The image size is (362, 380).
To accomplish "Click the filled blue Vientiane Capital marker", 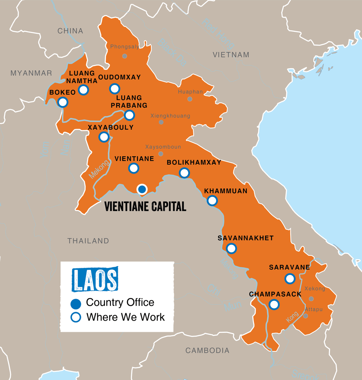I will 142,189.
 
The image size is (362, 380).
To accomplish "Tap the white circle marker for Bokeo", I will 63,102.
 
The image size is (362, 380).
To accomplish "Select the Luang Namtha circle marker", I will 83,90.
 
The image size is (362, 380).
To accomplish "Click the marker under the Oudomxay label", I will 114,89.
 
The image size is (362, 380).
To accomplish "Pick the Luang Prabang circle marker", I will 129,115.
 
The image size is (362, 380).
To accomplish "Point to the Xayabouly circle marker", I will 104,137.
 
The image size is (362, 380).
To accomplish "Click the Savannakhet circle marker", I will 231,248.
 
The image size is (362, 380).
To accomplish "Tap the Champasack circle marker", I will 274,304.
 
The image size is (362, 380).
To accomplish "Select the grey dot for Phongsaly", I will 125,56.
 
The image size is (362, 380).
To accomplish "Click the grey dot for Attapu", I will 306,316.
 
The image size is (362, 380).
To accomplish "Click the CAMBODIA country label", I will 207,350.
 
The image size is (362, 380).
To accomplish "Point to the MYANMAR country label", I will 31,73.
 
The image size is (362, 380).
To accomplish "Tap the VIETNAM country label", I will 231,55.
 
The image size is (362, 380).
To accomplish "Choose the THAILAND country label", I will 88,241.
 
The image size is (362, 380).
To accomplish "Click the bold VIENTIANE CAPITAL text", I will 145,206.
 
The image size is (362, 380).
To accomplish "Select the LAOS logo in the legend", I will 95,279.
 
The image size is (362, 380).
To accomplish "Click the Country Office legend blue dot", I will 76,304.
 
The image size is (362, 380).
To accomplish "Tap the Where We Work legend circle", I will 76,318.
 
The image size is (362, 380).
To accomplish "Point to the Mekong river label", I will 99,169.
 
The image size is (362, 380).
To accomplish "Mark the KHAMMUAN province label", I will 226,191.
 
